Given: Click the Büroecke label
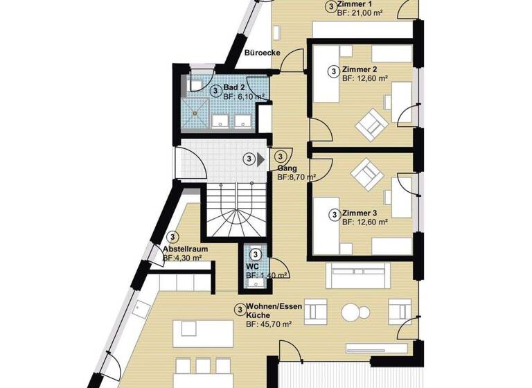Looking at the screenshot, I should coord(263,53).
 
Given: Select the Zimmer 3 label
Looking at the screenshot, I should coord(360,213).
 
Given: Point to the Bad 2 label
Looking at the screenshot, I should coord(234,87).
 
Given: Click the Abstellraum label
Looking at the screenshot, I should coord(185,249).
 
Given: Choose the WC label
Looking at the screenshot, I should coord(251,265).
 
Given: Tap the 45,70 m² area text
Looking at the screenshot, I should coord(269,324).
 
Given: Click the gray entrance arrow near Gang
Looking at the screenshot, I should coord(260,159).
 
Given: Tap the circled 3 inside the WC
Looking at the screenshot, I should coord(256,254).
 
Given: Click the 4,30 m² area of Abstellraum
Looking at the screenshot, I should coord(182,258).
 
